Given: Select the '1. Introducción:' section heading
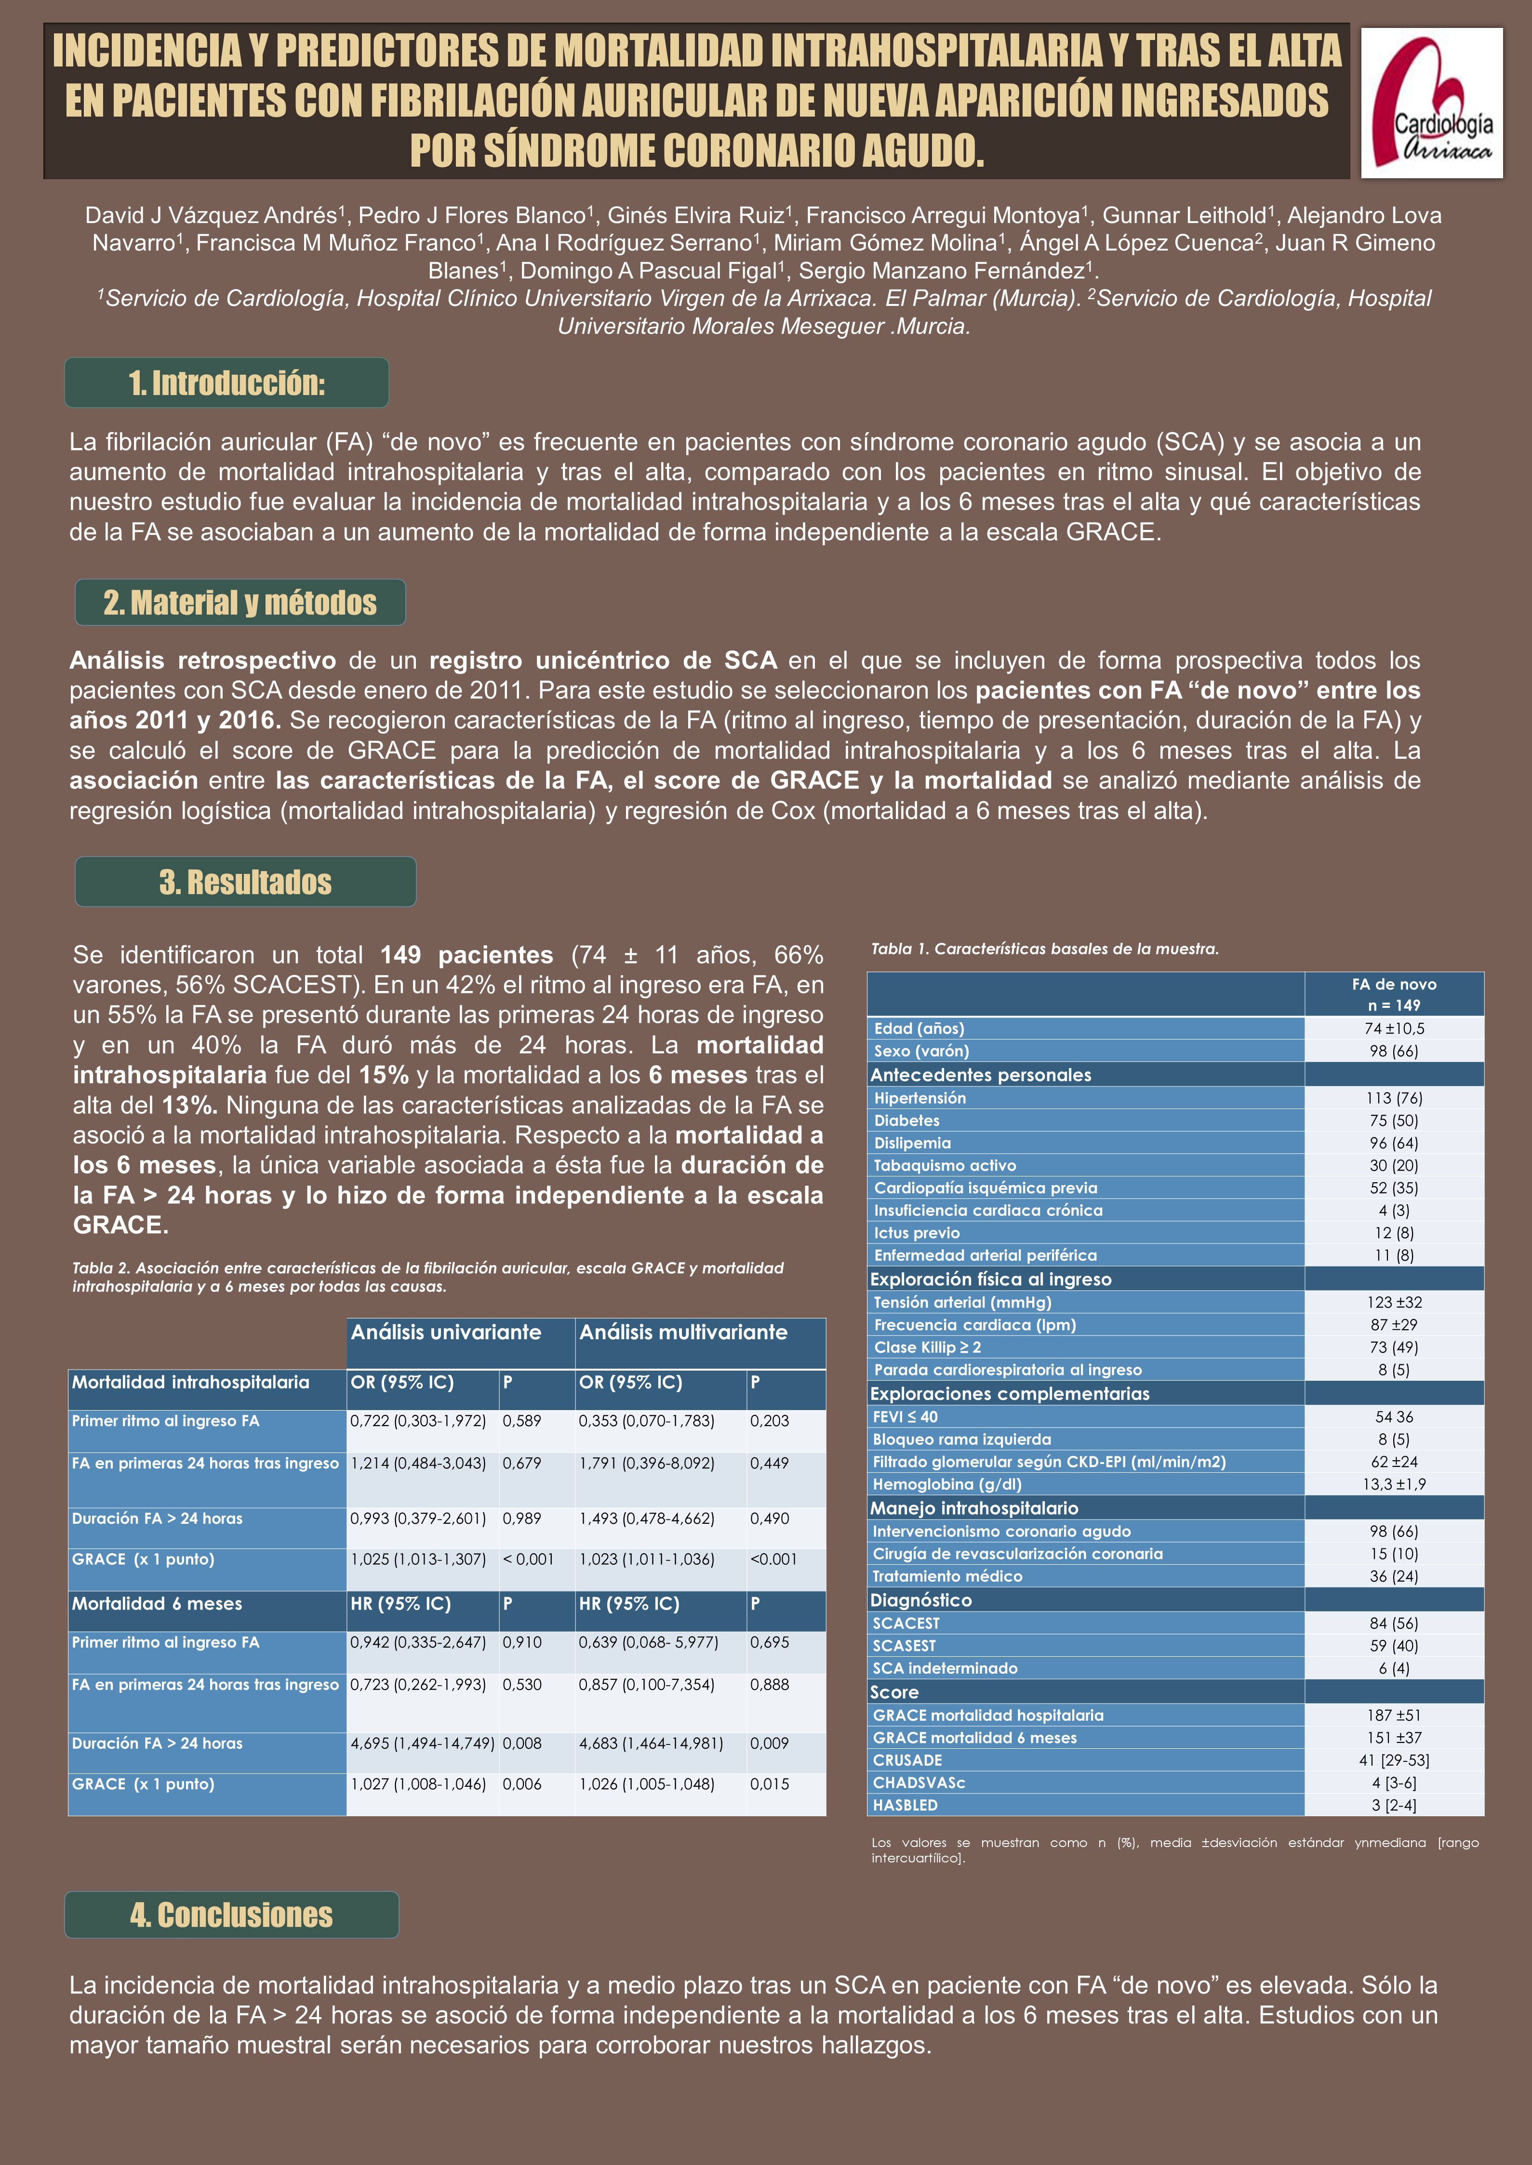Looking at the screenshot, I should (226, 383).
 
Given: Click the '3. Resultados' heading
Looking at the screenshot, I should (245, 882).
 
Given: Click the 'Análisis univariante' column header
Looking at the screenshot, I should (446, 1333).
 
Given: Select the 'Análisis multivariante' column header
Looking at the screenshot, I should (683, 1333).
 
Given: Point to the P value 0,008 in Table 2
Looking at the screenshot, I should (522, 1743).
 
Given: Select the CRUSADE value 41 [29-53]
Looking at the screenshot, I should (1393, 1759).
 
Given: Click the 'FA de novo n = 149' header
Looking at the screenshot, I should (1393, 994).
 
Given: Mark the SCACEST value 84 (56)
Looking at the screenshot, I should (1393, 1623).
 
